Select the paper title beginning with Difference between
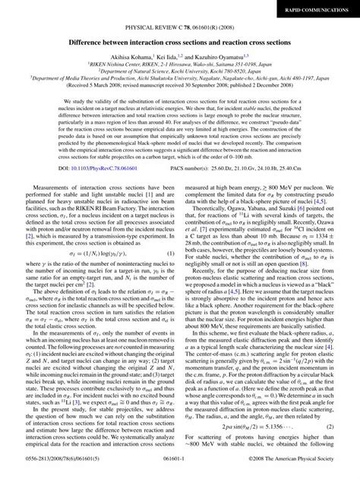coord(180,45)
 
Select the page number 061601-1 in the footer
coord(180,470)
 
